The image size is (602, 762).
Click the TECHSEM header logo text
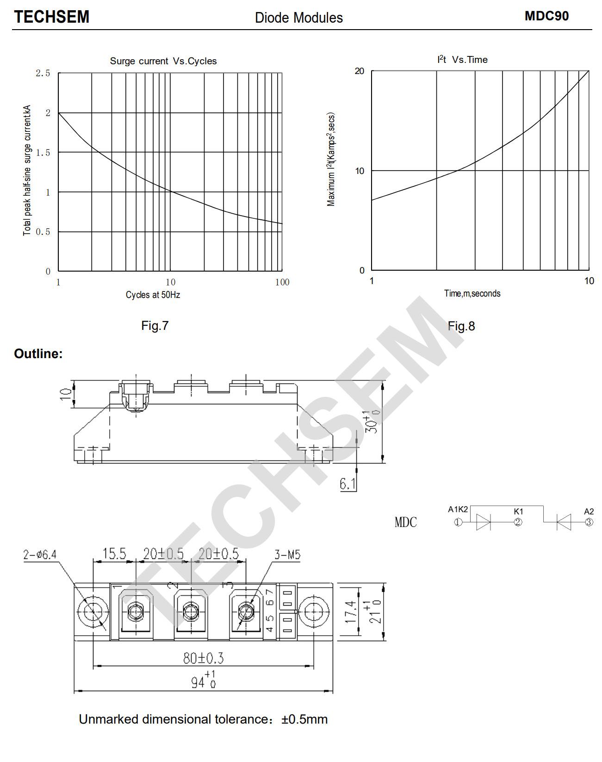click(x=51, y=17)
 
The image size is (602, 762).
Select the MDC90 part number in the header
click(x=546, y=16)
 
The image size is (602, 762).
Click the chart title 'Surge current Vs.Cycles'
click(x=163, y=61)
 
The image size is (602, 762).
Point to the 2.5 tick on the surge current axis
click(x=43, y=73)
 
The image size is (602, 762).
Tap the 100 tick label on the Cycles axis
click(x=282, y=282)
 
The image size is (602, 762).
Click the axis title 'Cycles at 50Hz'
click(x=153, y=295)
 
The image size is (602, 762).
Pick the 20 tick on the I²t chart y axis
click(x=360, y=71)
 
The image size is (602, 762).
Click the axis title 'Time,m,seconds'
click(x=472, y=293)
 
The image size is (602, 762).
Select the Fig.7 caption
click(x=155, y=326)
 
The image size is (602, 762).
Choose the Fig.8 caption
click(x=461, y=326)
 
